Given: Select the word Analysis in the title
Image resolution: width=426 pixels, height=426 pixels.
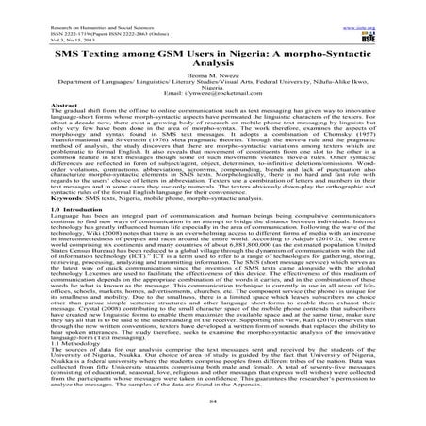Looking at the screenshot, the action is [x=213, y=71].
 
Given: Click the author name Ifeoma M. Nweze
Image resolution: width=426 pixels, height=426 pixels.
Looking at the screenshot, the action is [x=212, y=87].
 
